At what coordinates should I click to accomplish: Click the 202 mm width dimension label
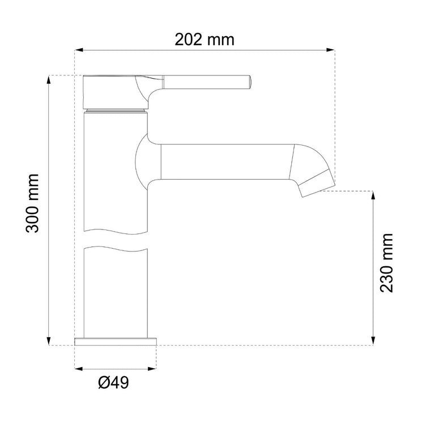[x=205, y=40]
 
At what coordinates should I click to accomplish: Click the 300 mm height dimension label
[x=32, y=203]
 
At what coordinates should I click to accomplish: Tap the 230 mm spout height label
[x=386, y=263]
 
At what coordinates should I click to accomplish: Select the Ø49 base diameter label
[x=113, y=382]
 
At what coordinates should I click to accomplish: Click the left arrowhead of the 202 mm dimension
[x=79, y=50]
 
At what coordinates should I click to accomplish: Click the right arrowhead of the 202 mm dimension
[x=330, y=50]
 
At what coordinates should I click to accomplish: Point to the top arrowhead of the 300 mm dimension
[x=49, y=79]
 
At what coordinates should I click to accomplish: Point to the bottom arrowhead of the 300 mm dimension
[x=49, y=341]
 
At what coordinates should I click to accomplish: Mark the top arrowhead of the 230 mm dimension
[x=373, y=195]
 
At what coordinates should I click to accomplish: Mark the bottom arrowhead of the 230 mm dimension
[x=373, y=341]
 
